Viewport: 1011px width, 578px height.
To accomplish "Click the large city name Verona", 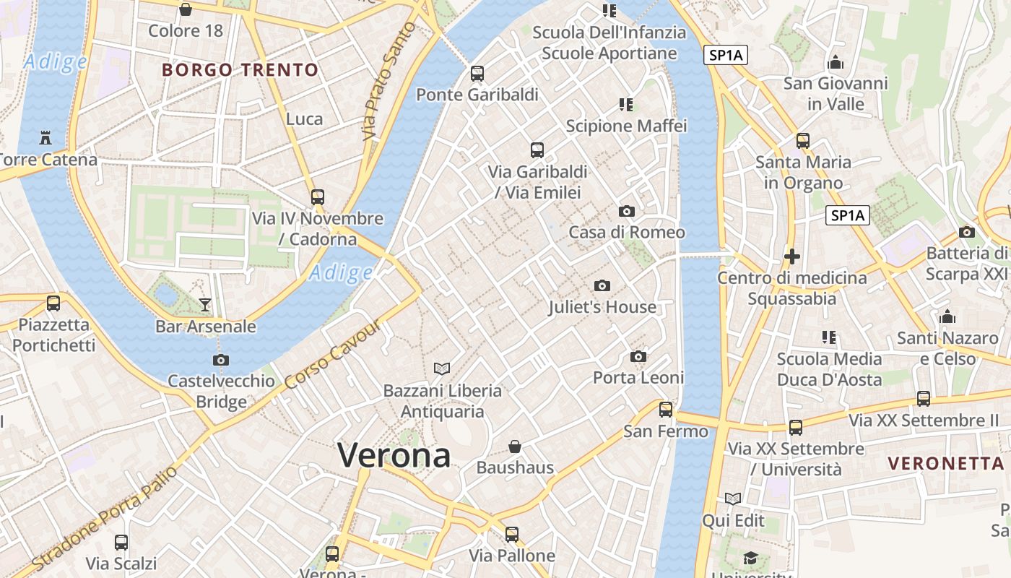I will click(394, 455).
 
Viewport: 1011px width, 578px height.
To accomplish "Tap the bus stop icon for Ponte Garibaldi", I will click(477, 73).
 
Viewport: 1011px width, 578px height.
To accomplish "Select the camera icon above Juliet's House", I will click(602, 286).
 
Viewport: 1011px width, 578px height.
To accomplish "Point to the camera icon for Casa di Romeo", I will click(627, 211).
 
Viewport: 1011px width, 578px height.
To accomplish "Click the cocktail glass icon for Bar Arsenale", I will click(205, 305).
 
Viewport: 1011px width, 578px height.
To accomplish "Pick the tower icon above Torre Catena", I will click(45, 137).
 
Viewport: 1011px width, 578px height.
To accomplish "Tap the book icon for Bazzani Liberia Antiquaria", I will click(442, 368).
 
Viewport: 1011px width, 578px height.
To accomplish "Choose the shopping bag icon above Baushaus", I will click(515, 447).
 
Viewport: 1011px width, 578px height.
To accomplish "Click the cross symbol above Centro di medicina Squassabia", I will click(792, 256).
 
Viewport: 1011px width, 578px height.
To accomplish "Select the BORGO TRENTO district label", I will click(240, 70).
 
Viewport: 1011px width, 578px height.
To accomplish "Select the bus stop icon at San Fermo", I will click(666, 410).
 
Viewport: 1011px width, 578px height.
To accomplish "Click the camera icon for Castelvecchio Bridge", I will click(221, 360).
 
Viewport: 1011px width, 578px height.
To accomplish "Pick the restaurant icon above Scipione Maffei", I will click(626, 105).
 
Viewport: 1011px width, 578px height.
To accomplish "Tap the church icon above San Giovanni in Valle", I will click(836, 62).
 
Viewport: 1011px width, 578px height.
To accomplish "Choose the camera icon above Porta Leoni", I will click(638, 356).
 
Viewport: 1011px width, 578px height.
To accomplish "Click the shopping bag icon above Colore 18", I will click(186, 9).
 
